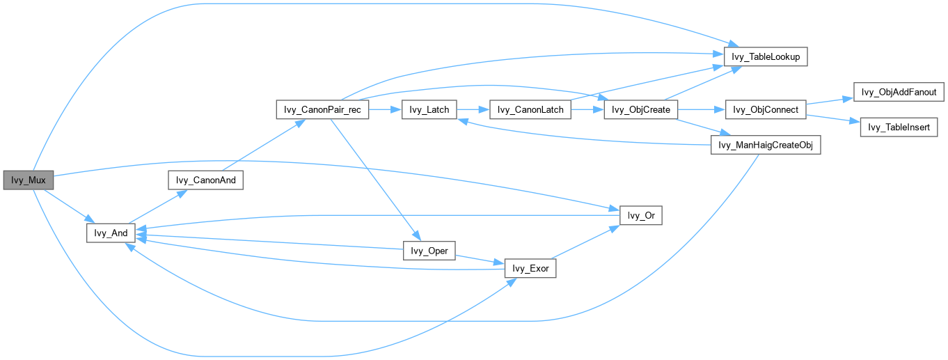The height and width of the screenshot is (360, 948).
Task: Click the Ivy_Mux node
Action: click(29, 180)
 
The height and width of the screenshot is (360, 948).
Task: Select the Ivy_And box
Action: click(110, 233)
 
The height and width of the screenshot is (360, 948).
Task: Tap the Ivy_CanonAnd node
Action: click(205, 180)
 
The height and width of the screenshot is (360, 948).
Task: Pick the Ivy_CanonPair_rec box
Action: click(322, 109)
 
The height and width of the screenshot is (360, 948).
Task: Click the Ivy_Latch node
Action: click(429, 109)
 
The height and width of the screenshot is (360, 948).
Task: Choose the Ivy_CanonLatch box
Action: click(531, 109)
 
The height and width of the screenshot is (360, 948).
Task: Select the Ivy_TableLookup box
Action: click(766, 56)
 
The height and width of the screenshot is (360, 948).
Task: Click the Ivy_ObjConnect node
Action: click(766, 109)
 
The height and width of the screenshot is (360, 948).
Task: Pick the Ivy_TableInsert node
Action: click(899, 127)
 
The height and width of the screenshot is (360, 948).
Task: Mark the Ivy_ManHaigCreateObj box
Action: click(765, 145)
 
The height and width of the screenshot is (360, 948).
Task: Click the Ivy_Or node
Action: click(641, 216)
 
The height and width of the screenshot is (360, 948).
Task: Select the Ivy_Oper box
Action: click(429, 251)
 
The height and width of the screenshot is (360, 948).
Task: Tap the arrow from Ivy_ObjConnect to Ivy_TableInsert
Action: click(832, 118)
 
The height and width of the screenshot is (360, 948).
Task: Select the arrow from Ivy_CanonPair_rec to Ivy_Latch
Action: click(385, 109)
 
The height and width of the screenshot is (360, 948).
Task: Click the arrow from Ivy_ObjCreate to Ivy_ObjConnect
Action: click(701, 109)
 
